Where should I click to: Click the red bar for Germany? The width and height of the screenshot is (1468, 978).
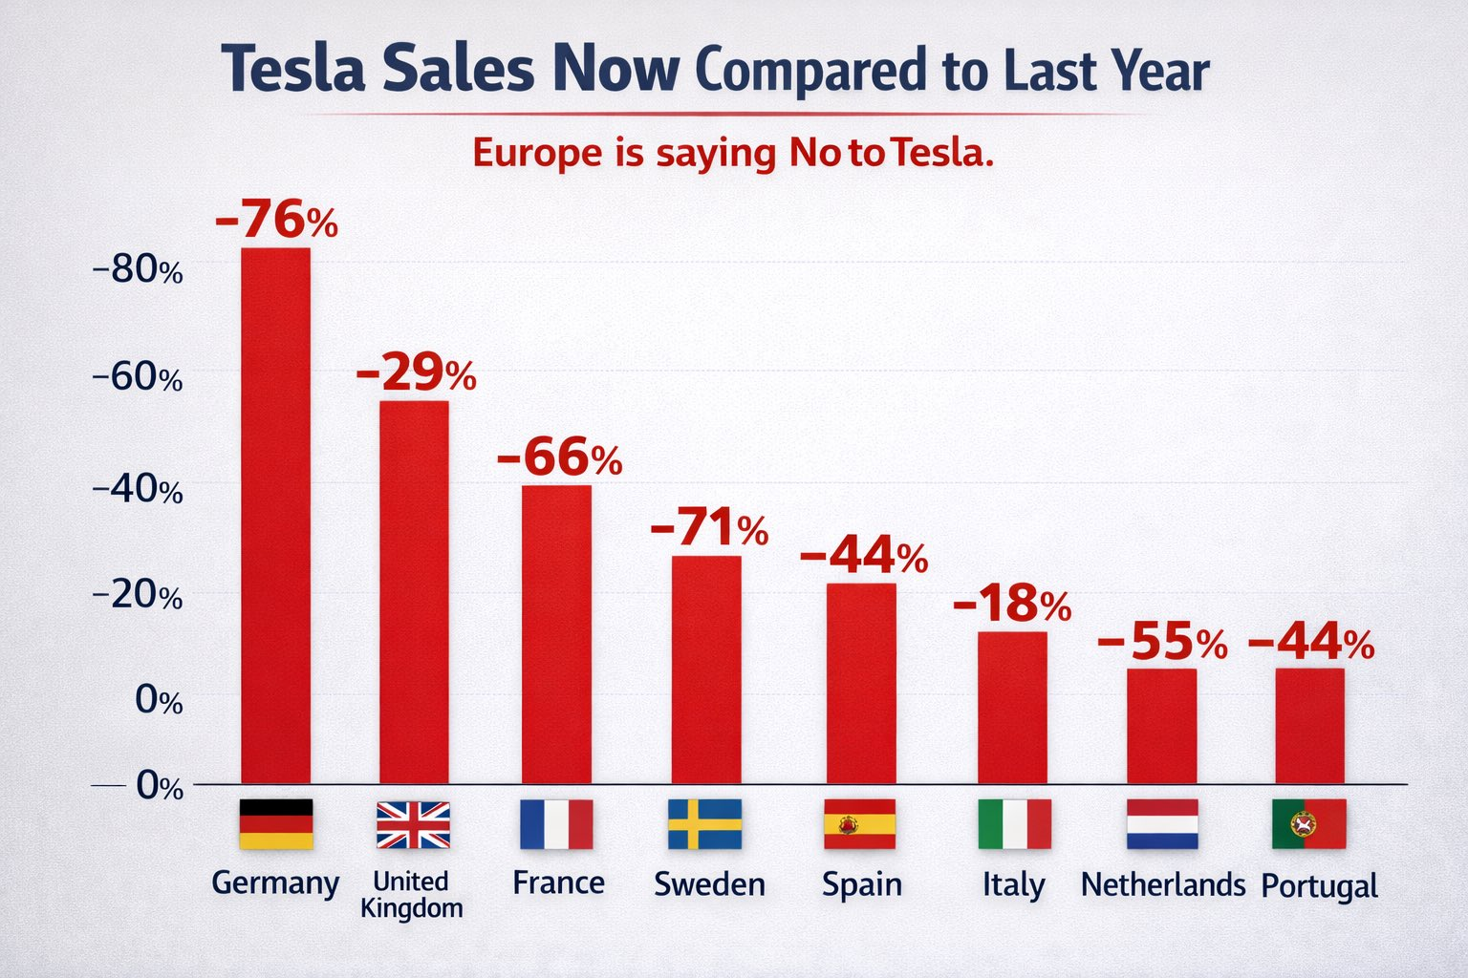(x=275, y=516)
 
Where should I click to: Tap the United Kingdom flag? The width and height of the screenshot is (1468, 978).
(x=413, y=824)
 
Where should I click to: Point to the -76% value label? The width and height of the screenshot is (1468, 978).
(x=276, y=220)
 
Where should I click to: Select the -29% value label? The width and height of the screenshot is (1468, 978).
(x=416, y=372)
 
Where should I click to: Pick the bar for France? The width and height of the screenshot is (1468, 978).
(x=556, y=634)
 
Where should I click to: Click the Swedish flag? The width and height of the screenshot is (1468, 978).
(x=704, y=824)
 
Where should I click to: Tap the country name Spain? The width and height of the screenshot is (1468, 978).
(x=861, y=884)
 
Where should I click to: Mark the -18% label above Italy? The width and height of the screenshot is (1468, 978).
(x=1012, y=604)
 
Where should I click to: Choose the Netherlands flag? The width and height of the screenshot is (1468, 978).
(x=1161, y=824)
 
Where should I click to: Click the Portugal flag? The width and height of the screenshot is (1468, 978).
(x=1309, y=824)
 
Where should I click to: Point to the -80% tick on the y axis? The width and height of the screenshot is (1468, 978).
(x=138, y=270)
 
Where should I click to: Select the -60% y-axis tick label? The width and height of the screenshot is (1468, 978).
(x=138, y=378)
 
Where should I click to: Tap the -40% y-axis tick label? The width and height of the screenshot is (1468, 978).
(x=138, y=490)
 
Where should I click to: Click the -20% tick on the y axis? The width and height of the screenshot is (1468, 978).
(x=138, y=596)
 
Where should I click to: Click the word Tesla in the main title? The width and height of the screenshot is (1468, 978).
(x=292, y=69)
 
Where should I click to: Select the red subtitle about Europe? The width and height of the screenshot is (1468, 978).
(x=733, y=153)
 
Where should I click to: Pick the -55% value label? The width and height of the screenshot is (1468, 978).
(x=1162, y=642)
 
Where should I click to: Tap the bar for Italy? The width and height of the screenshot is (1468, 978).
(x=1012, y=708)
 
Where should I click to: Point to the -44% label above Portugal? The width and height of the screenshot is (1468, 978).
(x=1311, y=642)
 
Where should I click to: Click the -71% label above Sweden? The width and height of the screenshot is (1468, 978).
(x=708, y=528)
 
